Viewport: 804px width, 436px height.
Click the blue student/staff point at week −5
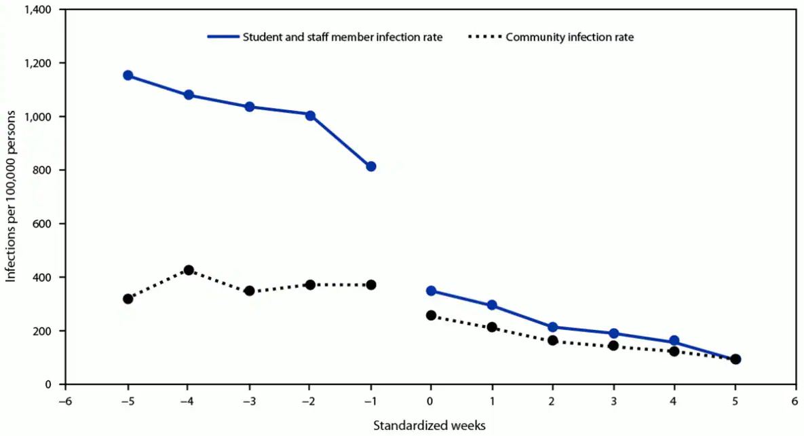[x=128, y=75]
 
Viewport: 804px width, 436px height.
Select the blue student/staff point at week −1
[x=370, y=166]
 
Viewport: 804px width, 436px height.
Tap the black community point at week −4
[x=189, y=270]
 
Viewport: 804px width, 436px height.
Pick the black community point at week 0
[x=431, y=315]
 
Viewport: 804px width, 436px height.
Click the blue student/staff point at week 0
[x=431, y=291]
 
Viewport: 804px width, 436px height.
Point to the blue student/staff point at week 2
[x=552, y=327]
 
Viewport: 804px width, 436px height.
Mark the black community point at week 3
[x=613, y=346]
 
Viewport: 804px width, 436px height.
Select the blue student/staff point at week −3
[x=249, y=107]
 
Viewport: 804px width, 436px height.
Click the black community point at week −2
[x=310, y=285]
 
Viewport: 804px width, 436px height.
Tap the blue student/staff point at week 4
[x=674, y=341]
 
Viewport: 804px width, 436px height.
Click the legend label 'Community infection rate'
[x=569, y=37]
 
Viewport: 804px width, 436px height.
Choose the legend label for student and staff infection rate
[x=343, y=37]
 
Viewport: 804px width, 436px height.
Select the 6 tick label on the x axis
[x=795, y=401]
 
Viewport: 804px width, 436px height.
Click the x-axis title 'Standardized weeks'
[x=429, y=425]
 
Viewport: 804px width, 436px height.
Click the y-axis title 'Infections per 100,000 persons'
[x=11, y=197]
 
